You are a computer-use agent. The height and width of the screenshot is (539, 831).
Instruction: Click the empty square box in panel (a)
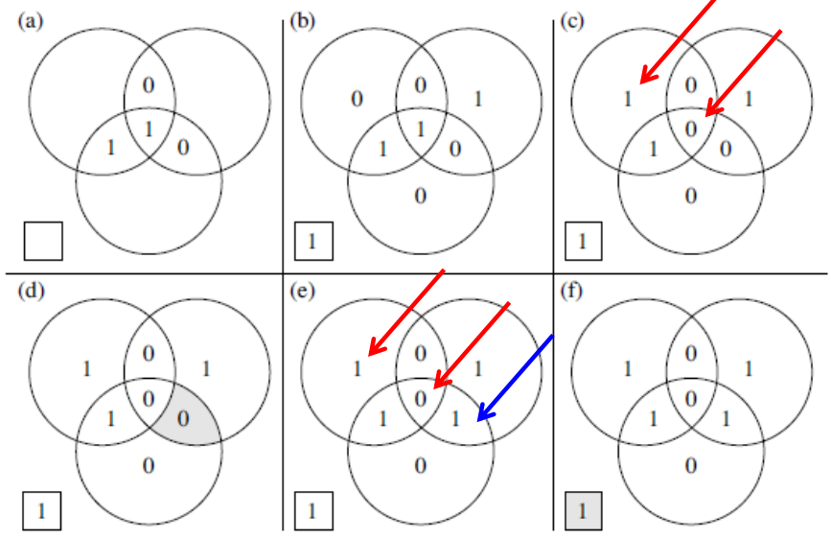pos(43,241)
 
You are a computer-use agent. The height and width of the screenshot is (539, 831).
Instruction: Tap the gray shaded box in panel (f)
pos(582,510)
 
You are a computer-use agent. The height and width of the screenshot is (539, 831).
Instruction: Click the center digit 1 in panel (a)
pos(148,129)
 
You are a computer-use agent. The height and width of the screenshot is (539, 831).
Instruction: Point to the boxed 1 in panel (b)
pos(312,241)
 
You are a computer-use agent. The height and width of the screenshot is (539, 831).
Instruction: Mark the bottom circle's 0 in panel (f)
pos(691,466)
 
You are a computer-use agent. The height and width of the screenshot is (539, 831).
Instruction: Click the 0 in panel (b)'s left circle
pos(357,98)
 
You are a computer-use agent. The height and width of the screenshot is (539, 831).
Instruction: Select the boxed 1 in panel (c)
pos(582,241)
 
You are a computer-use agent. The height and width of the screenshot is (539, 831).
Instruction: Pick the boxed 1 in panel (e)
pos(312,510)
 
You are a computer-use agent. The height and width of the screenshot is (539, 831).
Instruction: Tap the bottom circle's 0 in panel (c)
pos(691,197)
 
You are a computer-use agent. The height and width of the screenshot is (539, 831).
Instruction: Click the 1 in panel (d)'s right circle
pos(206,368)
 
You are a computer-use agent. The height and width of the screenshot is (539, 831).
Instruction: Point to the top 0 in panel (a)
pos(148,85)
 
